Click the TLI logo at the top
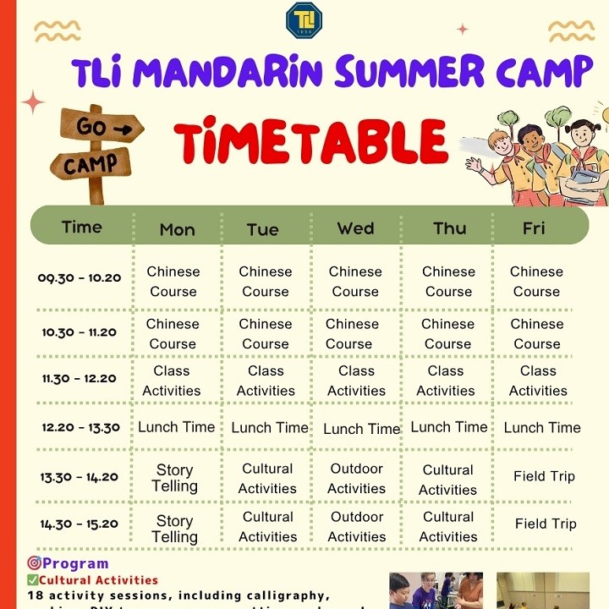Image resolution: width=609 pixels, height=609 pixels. click(304, 19)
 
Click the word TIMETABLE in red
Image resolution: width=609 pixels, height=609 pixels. click(310, 141)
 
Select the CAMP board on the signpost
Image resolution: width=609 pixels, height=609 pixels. click(91, 163)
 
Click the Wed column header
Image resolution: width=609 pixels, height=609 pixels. click(355, 228)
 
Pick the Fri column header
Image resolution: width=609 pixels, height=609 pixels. click(534, 228)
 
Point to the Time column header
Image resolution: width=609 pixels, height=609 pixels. click(82, 228)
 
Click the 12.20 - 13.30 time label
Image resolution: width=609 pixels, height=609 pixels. click(80, 428)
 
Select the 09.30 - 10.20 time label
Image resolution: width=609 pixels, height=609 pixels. click(80, 277)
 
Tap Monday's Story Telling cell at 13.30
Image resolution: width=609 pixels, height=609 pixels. click(174, 478)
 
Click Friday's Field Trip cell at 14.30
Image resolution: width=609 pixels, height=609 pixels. click(546, 524)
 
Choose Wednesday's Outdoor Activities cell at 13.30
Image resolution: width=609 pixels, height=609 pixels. click(356, 478)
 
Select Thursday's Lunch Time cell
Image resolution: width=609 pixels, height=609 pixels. click(449, 427)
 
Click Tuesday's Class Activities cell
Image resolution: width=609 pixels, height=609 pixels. click(266, 381)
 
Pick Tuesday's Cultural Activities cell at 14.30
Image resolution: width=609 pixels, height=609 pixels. click(267, 526)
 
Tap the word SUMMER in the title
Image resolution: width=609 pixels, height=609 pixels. click(413, 73)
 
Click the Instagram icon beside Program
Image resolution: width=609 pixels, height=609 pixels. click(35, 562)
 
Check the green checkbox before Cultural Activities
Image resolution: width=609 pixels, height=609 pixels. click(33, 580)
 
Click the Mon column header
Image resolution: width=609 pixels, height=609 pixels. click(177, 230)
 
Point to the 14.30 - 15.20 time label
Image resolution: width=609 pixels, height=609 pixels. click(80, 524)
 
